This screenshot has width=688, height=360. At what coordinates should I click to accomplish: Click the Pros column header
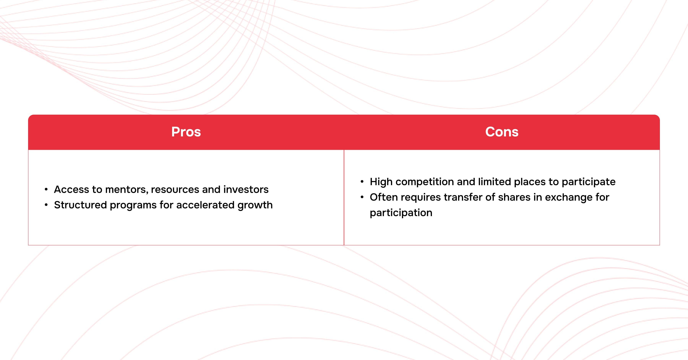(x=186, y=132)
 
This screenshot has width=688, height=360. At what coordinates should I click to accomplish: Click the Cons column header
(x=502, y=132)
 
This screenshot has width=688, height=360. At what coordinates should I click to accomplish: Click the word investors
(x=246, y=189)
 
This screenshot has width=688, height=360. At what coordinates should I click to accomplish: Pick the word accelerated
(x=205, y=205)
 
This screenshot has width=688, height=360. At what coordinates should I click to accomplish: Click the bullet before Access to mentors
(x=46, y=190)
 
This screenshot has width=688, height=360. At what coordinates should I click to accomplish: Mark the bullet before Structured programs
(x=46, y=205)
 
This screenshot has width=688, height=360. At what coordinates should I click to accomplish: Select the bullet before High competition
(x=362, y=182)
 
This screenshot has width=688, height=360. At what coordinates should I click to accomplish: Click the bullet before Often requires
(x=362, y=197)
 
